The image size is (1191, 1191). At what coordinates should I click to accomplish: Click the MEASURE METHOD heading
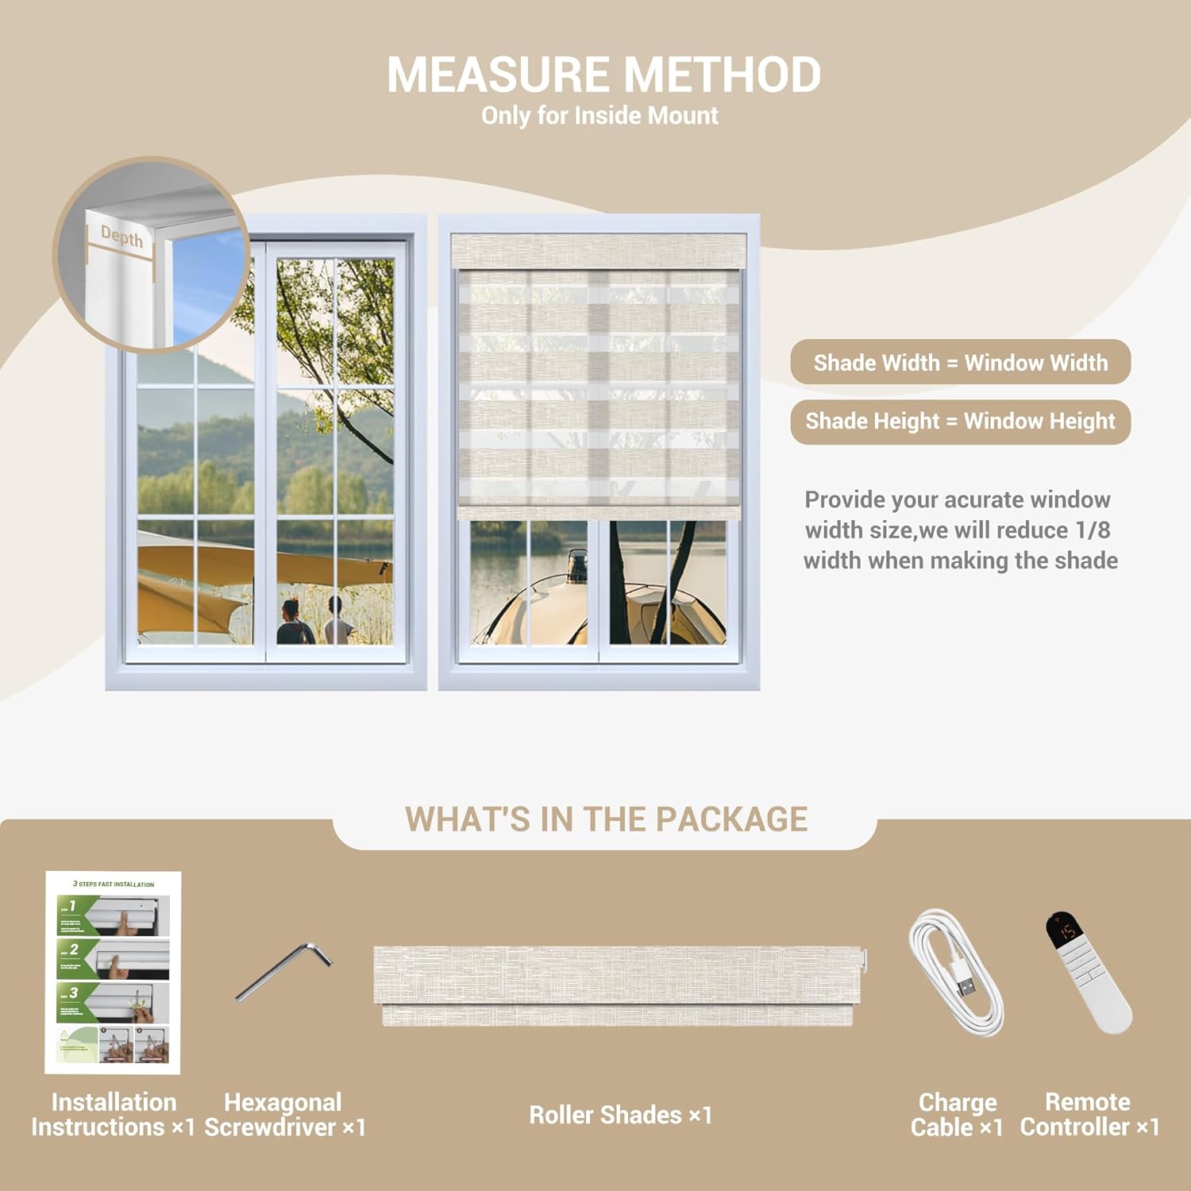(x=603, y=75)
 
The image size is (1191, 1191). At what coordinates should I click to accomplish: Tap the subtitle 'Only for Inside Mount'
(x=599, y=116)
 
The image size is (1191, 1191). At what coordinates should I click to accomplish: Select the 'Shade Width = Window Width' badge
(x=960, y=363)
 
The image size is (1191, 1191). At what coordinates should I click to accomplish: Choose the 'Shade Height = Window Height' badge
(x=960, y=422)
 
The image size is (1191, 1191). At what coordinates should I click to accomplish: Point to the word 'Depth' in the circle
(x=121, y=236)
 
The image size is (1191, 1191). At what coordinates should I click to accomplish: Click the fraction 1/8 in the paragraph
(x=1093, y=530)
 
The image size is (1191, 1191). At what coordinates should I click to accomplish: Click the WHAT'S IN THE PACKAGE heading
(x=606, y=819)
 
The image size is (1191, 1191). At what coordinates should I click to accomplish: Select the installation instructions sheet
(x=113, y=973)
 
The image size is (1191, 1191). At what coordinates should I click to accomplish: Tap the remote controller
(x=1088, y=973)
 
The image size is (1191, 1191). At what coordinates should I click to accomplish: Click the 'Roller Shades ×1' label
(x=620, y=1115)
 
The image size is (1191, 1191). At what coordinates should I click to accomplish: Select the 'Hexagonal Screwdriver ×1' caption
(x=284, y=1115)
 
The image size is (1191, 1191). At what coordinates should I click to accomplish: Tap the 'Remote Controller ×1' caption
(x=1089, y=1115)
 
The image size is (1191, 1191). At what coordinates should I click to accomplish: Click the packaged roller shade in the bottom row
(x=618, y=985)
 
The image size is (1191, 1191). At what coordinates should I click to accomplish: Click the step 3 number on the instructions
(x=73, y=992)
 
